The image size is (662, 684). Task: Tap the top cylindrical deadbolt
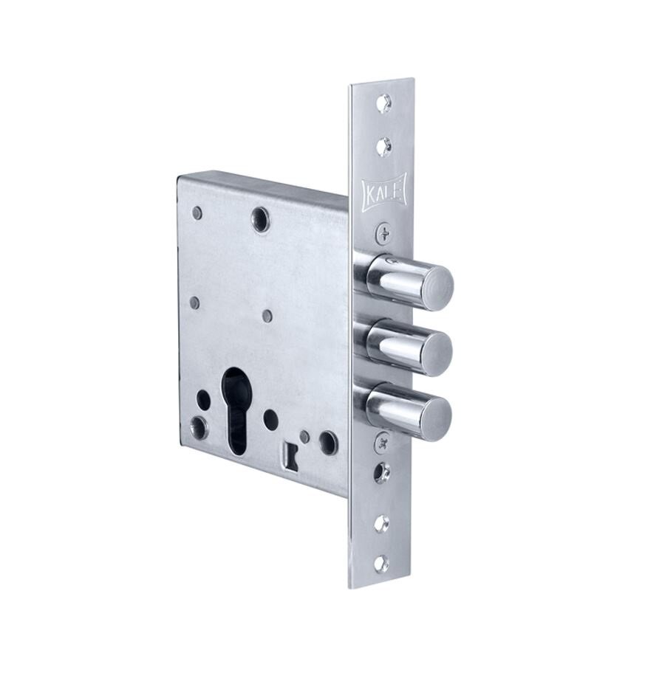(x=409, y=280)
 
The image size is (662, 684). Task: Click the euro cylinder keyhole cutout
(x=237, y=411)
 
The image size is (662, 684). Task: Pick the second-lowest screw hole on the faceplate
(x=382, y=523)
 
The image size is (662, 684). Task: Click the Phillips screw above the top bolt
(x=383, y=232)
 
